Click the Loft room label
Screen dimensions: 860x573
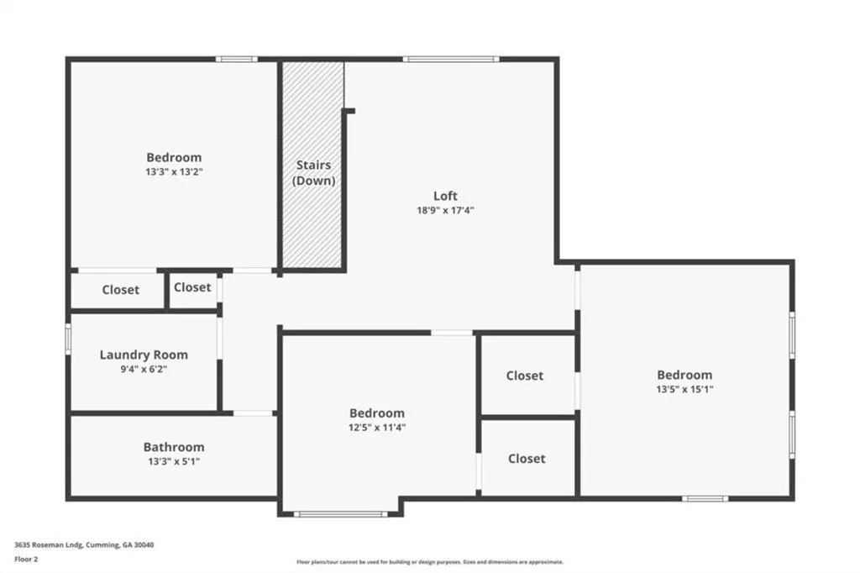click(x=445, y=196)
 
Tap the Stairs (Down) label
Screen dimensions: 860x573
click(x=313, y=172)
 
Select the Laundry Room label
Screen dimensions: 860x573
click(x=144, y=355)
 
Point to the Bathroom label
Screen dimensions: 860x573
click(x=174, y=447)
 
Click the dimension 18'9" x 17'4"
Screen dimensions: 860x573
click(x=445, y=210)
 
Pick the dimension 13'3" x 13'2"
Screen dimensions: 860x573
click(x=174, y=171)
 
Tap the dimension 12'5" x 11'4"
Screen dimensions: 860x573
click(x=377, y=428)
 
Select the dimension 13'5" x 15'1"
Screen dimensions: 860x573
click(x=684, y=389)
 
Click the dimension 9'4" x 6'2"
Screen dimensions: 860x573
click(x=144, y=370)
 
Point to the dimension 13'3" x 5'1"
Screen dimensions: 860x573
click(x=174, y=461)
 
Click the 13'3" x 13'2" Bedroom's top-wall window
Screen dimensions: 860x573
click(x=236, y=59)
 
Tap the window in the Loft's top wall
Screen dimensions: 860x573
click(x=451, y=59)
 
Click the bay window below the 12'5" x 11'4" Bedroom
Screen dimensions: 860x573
click(x=341, y=514)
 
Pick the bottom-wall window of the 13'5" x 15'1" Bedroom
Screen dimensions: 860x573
click(x=705, y=498)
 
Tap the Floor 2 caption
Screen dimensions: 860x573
click(x=26, y=560)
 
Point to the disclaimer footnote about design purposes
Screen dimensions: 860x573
click(x=430, y=562)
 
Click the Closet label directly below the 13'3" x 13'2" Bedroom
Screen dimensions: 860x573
click(x=121, y=290)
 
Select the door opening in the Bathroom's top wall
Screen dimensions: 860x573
click(x=253, y=413)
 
